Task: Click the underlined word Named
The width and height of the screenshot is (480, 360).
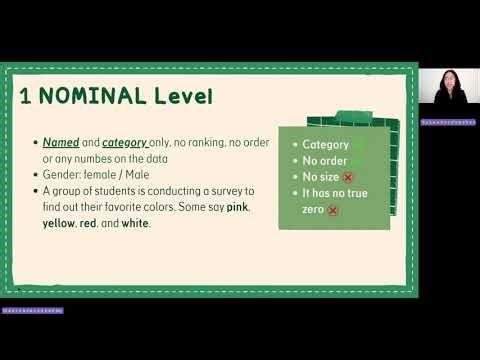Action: [x=60, y=143]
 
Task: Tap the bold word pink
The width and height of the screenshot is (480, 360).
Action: [x=236, y=206]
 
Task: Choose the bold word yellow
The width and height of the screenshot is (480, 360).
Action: [x=59, y=223]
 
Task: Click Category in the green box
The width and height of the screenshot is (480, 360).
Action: [x=325, y=144]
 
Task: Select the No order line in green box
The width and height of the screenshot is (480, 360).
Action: [x=325, y=160]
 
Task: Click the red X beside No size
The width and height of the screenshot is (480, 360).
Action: [x=348, y=177]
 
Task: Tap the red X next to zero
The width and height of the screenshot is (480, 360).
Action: [x=332, y=210]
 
